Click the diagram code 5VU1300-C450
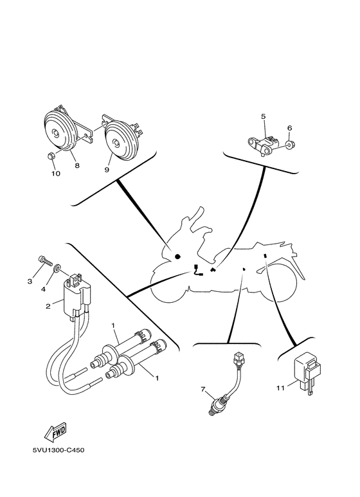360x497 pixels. click(59, 450)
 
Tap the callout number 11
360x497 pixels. click(280, 388)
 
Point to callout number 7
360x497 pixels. click(203, 390)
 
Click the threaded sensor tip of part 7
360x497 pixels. click(213, 408)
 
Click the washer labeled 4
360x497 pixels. click(57, 268)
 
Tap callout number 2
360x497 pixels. click(48, 307)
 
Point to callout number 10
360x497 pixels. click(53, 174)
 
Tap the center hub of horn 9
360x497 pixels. click(116, 145)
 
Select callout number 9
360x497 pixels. click(107, 170)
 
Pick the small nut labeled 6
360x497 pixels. click(289, 146)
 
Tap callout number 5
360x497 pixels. click(264, 116)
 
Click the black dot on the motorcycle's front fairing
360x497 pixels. click(177, 256)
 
